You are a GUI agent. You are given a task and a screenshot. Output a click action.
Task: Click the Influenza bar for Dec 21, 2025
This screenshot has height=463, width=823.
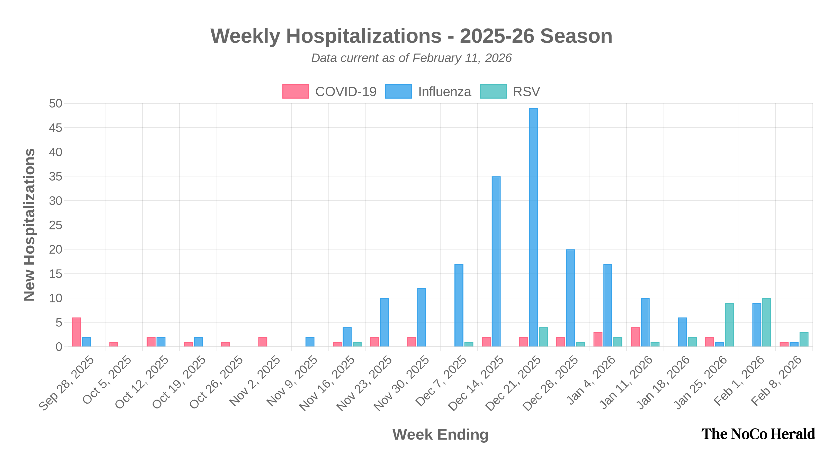(533, 227)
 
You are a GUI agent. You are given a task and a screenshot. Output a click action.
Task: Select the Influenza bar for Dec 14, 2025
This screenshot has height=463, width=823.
(496, 261)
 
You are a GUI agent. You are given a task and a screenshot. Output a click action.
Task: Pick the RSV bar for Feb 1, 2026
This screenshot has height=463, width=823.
(766, 322)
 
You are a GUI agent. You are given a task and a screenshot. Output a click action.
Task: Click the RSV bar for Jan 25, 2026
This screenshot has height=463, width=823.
(729, 324)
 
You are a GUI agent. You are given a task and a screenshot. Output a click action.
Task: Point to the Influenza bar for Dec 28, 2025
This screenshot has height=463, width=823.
(571, 298)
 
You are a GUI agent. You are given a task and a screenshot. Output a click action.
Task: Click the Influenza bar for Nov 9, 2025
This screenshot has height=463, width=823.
(310, 342)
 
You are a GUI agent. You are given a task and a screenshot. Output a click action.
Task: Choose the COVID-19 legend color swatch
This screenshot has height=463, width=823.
(296, 91)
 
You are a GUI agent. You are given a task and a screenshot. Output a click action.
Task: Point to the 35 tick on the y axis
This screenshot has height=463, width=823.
(56, 177)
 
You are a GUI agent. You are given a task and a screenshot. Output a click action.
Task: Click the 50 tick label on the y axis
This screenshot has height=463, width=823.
(56, 103)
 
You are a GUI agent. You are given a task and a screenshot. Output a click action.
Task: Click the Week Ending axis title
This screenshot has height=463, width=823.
(440, 434)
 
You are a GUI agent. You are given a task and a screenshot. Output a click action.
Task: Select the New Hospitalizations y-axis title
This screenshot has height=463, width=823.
(29, 225)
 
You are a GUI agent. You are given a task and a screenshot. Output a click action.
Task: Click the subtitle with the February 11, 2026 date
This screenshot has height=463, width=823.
(411, 58)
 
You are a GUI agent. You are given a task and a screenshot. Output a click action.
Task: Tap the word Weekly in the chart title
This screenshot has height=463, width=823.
(245, 36)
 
